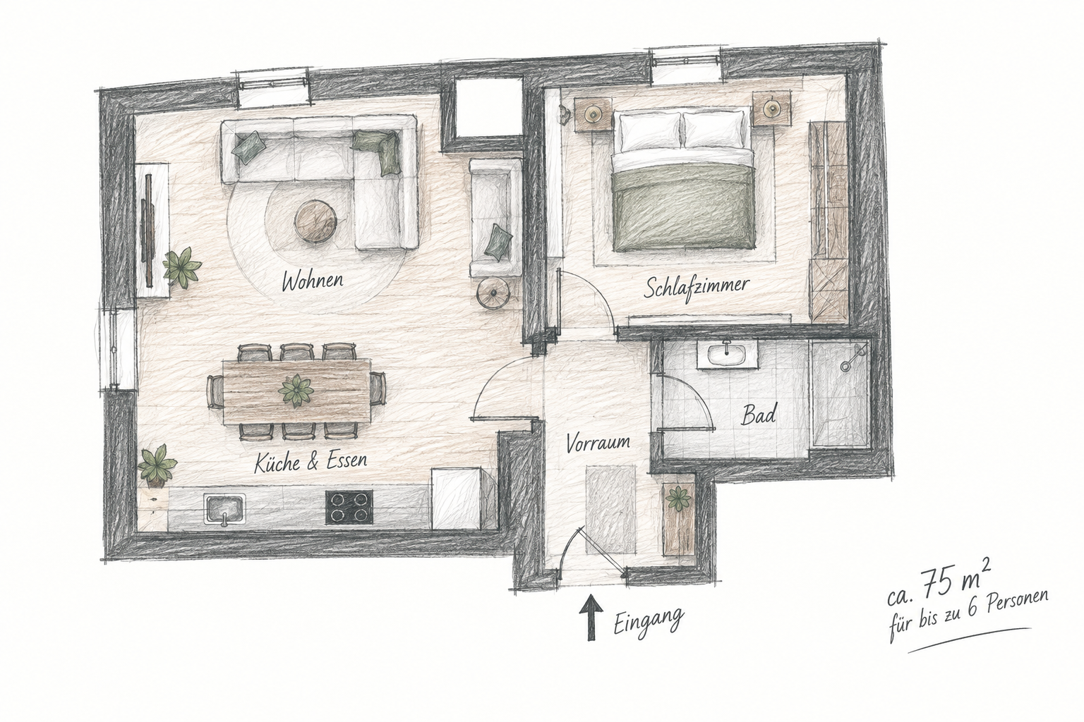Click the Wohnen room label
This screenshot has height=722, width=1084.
(313, 281)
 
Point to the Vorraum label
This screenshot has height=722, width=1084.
(598, 443)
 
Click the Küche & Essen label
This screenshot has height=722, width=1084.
(311, 463)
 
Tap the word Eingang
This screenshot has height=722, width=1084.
(649, 620)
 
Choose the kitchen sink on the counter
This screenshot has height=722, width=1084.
(224, 509)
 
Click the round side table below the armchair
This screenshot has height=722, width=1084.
(493, 293)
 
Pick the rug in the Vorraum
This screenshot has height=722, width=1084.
(611, 509)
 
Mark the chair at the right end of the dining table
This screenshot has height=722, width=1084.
(378, 388)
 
